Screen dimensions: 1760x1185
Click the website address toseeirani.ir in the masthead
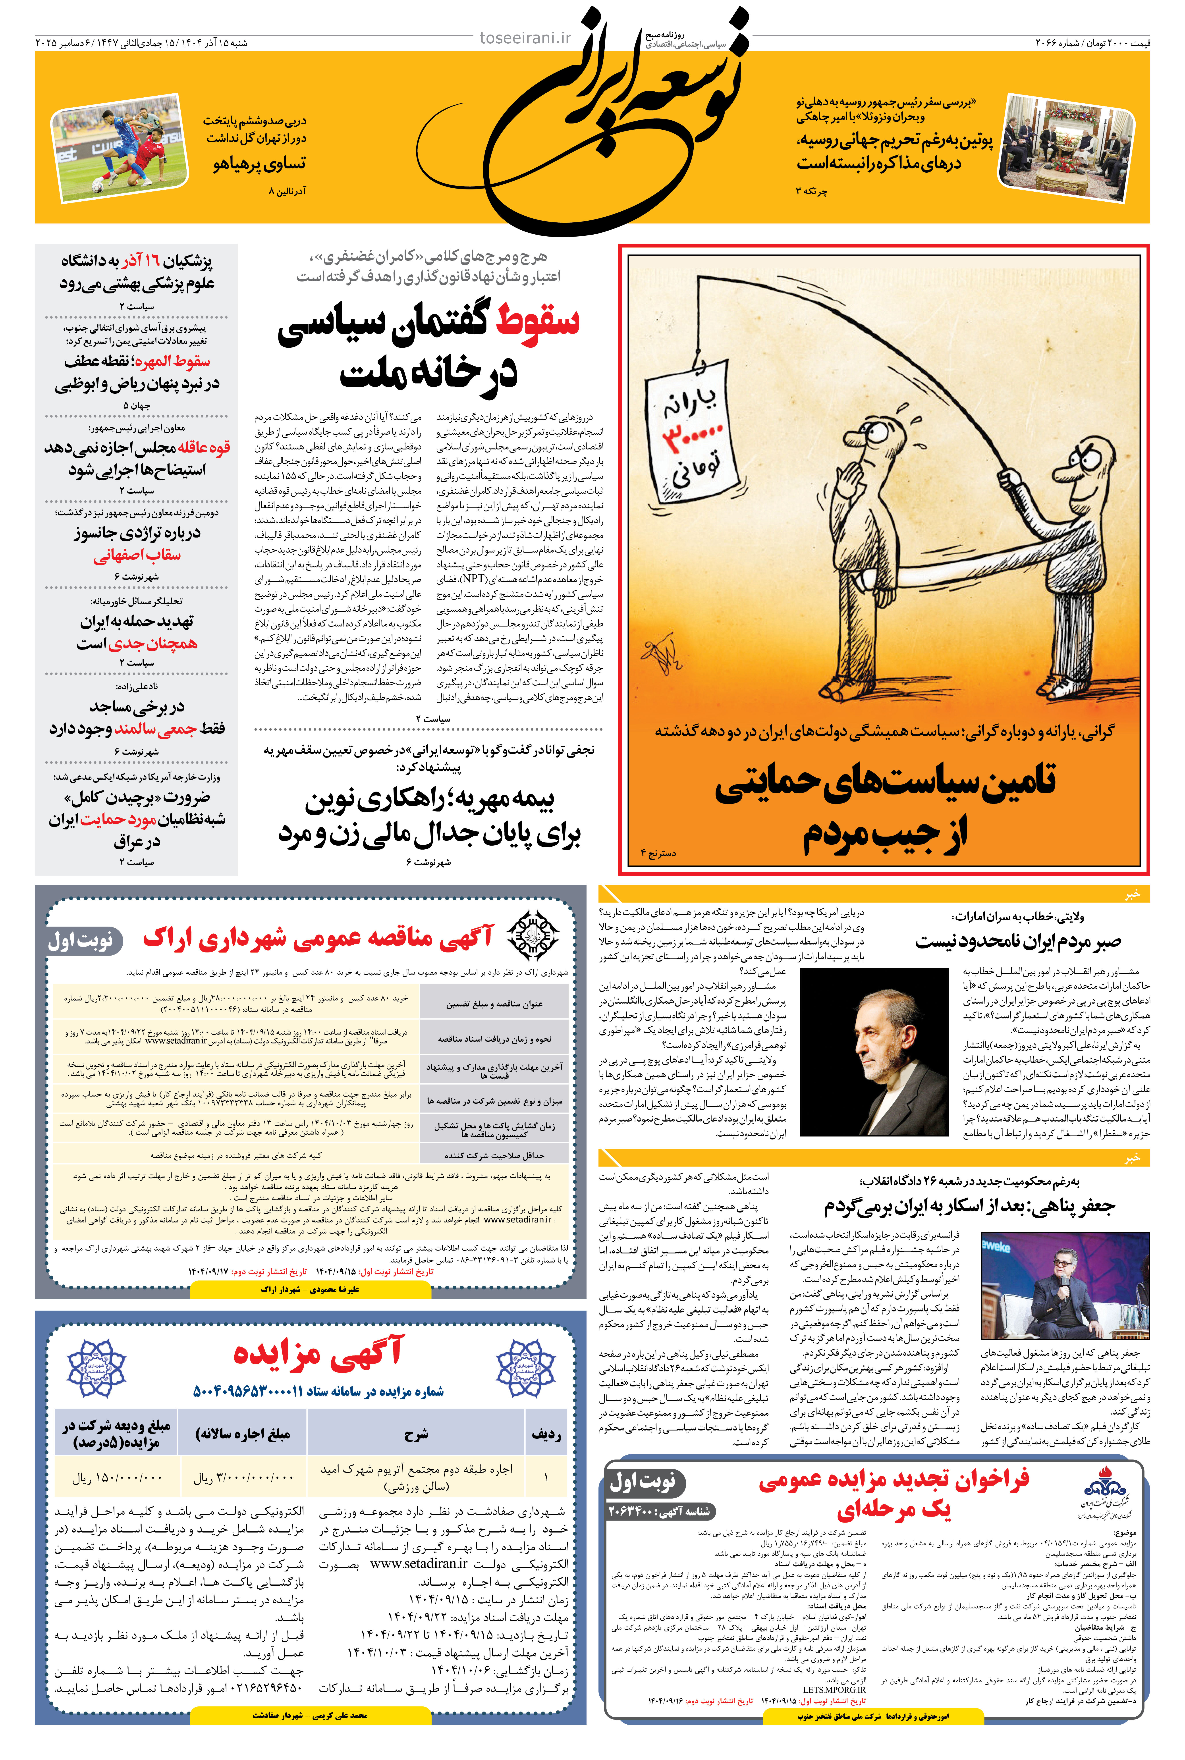[x=525, y=38]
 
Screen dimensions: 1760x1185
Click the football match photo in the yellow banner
[x=119, y=148]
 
